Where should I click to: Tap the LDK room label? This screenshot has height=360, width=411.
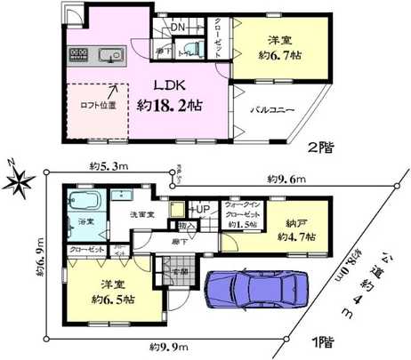point(173,86)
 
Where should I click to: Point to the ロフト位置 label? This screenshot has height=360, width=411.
point(93,104)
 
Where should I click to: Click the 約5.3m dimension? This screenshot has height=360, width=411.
point(108,166)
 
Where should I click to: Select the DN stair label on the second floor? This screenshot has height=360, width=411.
point(177,28)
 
